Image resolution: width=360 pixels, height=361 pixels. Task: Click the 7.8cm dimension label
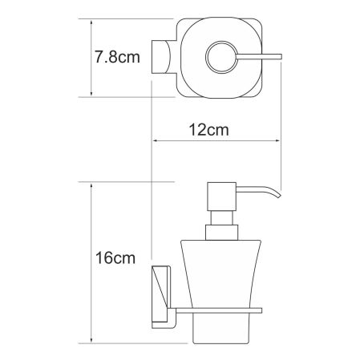[x=116, y=58]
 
